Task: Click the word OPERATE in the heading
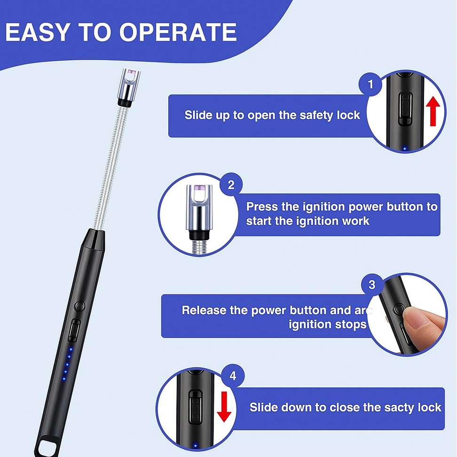(178, 32)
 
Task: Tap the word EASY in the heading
(38, 32)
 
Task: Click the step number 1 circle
(370, 85)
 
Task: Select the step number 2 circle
(231, 185)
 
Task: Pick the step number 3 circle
(372, 284)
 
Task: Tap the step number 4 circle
(233, 376)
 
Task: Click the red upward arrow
(433, 111)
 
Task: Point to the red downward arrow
(224, 407)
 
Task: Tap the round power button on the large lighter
(79, 307)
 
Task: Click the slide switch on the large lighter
(75, 330)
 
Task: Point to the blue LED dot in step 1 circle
(404, 149)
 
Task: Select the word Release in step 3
(204, 310)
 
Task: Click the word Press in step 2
(262, 207)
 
